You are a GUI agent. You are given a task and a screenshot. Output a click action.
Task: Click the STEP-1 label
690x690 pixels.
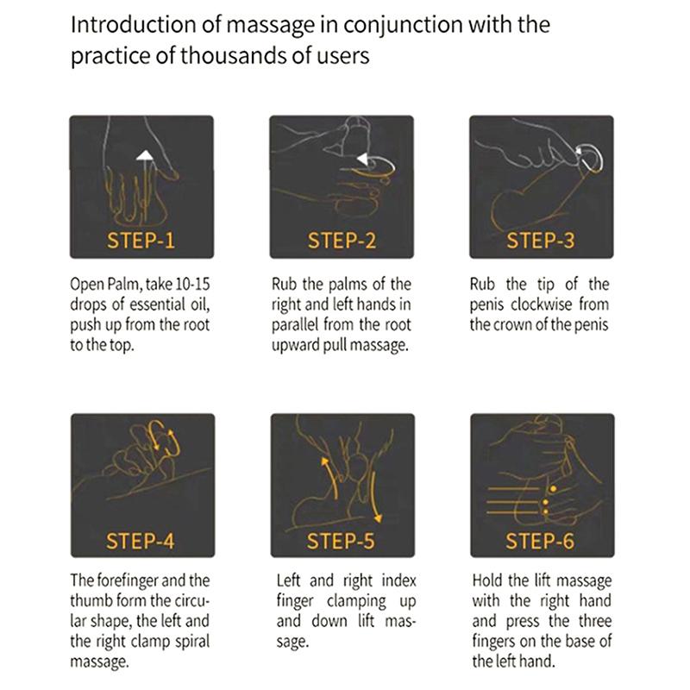pos(141,241)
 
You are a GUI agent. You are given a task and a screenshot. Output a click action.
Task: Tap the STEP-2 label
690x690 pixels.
pos(342,241)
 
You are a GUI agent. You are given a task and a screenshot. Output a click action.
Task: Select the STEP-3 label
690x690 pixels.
pos(541,241)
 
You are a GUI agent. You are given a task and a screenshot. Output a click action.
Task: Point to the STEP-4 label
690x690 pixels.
pos(141,541)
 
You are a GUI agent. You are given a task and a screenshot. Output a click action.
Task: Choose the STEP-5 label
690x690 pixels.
pos(341,541)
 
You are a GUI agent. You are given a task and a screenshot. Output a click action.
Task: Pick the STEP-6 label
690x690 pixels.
pos(540,541)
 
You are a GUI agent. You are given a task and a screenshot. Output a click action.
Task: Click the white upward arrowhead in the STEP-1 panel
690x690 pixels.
pos(144,155)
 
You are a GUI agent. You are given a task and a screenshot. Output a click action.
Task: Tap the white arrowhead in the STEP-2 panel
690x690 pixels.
pos(362,159)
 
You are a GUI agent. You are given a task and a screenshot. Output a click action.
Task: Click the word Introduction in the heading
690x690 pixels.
pos(133,24)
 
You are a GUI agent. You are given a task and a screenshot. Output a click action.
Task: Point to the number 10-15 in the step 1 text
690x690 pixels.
pos(192,285)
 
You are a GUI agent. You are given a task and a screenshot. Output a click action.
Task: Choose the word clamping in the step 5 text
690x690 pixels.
pos(356,601)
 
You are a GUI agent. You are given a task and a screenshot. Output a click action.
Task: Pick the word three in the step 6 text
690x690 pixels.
pos(595,621)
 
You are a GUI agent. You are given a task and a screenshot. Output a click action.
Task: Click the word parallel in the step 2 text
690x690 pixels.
pos(294,325)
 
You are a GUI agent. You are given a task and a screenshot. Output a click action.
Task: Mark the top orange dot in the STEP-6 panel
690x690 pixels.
pos(553,489)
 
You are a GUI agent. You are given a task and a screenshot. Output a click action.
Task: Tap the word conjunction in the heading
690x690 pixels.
pos(403,25)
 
